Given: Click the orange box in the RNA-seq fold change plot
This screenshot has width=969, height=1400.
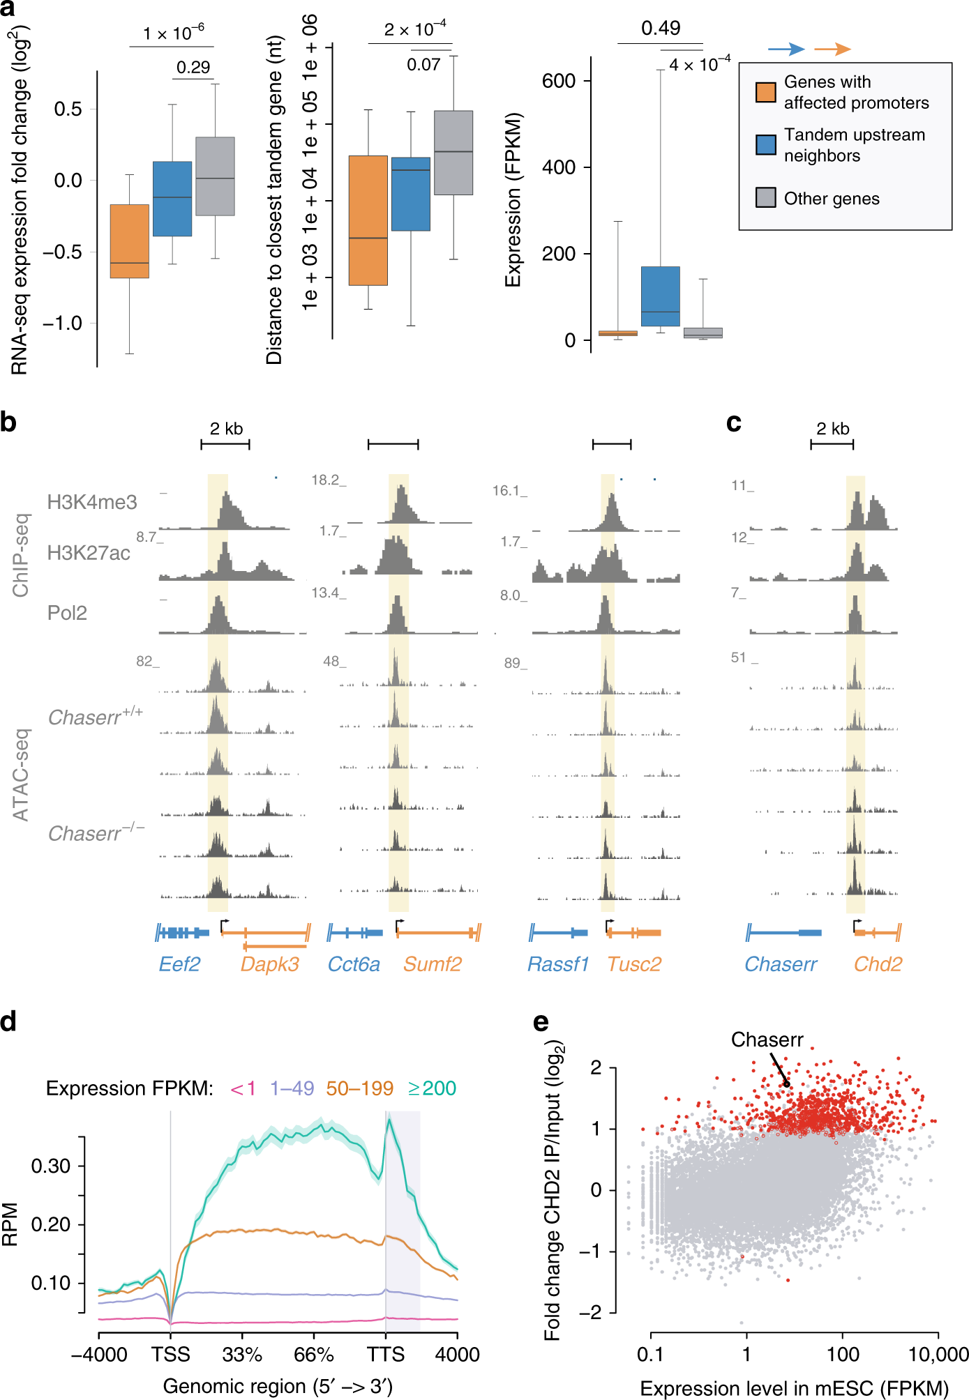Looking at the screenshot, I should pos(130,241).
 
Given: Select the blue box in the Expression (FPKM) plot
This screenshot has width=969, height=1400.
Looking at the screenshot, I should pos(660,296).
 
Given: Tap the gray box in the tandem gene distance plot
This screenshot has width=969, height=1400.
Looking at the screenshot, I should pos(453,152).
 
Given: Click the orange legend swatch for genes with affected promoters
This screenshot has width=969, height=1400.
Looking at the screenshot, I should pos(765,92).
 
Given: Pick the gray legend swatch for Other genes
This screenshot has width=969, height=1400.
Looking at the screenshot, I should pos(765,198).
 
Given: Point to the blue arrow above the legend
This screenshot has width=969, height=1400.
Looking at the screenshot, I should pos(786,49).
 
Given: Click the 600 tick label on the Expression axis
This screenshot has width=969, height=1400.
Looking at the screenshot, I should pos(558,81).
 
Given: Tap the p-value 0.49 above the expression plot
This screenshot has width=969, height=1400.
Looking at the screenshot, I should pos(660,28).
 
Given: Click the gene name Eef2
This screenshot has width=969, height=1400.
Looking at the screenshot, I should pos(179,964).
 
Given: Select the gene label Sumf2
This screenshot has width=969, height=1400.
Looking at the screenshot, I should pos(432,964).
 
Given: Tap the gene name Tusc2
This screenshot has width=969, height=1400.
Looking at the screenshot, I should pos(633,964).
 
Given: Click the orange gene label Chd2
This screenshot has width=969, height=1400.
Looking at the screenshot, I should pos(878,964).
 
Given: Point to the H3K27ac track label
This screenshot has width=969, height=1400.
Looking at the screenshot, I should pos(89,553).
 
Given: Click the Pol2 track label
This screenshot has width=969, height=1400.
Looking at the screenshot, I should pos(67,613).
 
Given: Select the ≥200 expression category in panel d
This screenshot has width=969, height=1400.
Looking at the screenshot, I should pos(432,1088).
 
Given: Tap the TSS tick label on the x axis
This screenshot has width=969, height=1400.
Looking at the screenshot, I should pos(171,1354).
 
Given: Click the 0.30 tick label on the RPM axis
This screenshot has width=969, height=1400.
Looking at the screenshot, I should pos(51,1166).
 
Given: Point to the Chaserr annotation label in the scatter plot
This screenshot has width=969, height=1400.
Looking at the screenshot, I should pos(767,1040).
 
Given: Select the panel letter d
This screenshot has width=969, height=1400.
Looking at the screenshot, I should pos(9,1021).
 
